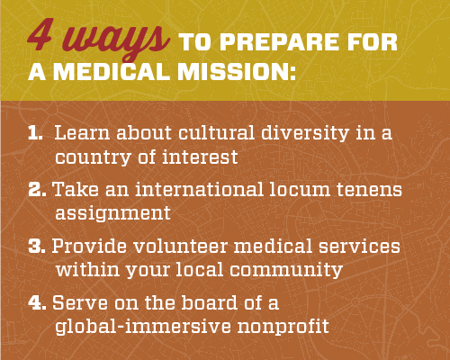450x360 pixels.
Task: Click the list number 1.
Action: [35, 133]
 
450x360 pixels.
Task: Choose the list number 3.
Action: [35, 247]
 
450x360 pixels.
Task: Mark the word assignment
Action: [113, 213]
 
